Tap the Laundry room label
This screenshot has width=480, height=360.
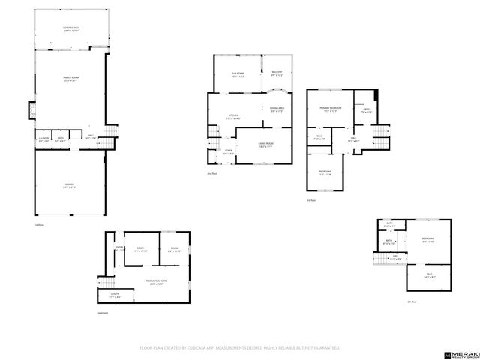43,139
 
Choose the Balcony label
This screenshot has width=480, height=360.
277,74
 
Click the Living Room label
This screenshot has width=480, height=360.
265,144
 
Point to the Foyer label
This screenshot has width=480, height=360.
228,153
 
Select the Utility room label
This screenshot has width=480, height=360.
114,295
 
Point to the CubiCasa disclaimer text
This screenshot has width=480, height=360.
240,348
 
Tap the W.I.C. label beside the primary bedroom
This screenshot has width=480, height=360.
319,139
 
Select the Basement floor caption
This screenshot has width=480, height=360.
103,313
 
